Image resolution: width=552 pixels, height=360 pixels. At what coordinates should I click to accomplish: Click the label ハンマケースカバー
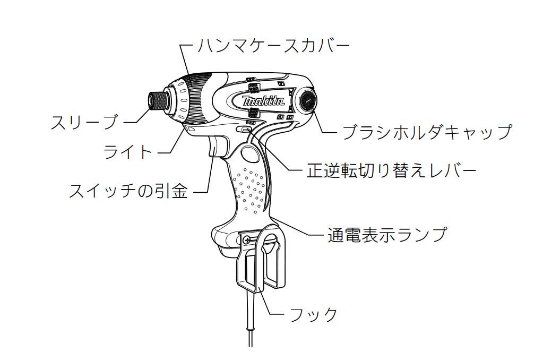pyautogui.click(x=273, y=46)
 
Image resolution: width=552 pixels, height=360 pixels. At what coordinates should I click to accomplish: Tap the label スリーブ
pyautogui.click(x=84, y=122)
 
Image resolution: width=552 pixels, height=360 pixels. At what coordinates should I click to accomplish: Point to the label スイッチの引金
pyautogui.click(x=128, y=192)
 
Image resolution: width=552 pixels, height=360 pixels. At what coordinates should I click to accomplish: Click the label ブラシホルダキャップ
pyautogui.click(x=427, y=132)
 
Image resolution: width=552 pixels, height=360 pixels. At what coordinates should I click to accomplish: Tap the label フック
pyautogui.click(x=313, y=314)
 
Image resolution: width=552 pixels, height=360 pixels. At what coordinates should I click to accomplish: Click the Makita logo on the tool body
pyautogui.click(x=263, y=101)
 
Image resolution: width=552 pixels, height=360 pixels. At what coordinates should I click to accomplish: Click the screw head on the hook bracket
pyautogui.click(x=247, y=239)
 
